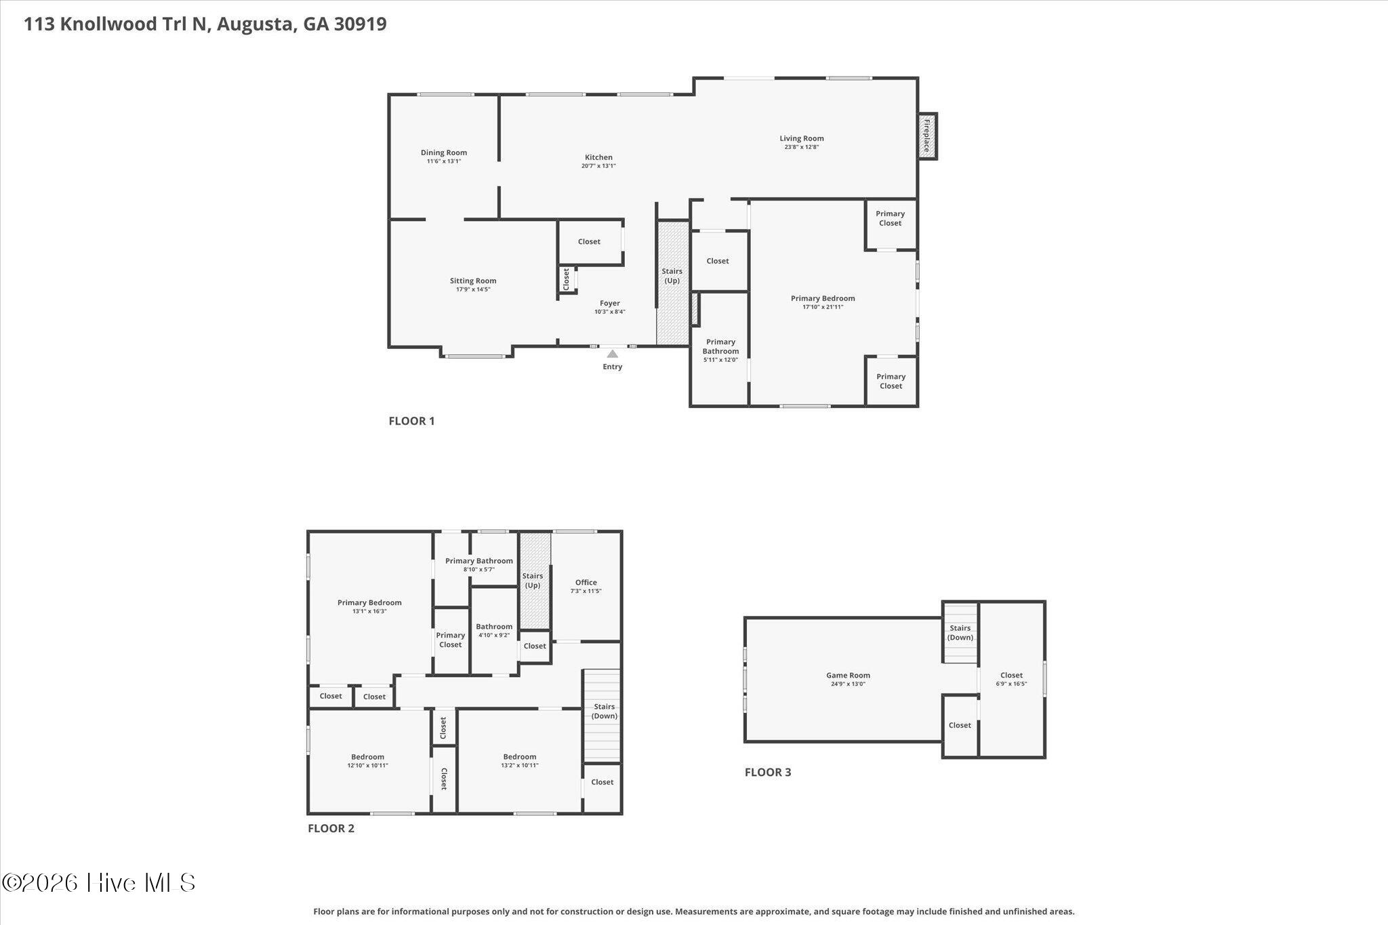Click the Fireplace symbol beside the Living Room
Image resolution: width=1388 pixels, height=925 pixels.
click(x=926, y=136)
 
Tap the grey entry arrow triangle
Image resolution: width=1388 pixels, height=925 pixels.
click(x=612, y=354)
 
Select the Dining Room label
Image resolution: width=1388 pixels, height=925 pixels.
click(x=444, y=152)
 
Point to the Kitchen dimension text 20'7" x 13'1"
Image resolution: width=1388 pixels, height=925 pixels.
click(x=598, y=166)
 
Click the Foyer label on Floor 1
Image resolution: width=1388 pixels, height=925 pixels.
click(x=610, y=304)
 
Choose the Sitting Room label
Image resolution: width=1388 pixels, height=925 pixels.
click(x=473, y=281)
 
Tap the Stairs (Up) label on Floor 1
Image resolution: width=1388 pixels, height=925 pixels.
click(x=672, y=276)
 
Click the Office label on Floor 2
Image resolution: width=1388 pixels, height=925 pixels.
click(x=586, y=582)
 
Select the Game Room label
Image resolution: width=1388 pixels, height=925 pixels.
click(x=848, y=675)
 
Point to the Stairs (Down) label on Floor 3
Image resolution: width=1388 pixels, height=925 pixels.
click(x=960, y=633)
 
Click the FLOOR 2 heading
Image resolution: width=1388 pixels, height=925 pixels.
click(x=331, y=828)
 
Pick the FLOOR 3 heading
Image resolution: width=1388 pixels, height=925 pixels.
click(x=768, y=772)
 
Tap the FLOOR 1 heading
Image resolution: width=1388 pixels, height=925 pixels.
click(x=411, y=421)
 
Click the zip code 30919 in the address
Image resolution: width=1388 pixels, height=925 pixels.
click(x=360, y=24)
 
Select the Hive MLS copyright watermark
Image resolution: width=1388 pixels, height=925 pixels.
click(x=98, y=882)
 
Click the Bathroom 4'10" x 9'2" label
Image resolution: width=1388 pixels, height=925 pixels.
click(x=494, y=631)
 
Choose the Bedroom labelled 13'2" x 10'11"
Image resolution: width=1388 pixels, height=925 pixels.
click(x=520, y=761)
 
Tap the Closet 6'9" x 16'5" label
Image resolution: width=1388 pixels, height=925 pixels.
click(x=1011, y=679)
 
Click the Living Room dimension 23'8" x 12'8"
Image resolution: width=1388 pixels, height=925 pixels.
click(x=802, y=147)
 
